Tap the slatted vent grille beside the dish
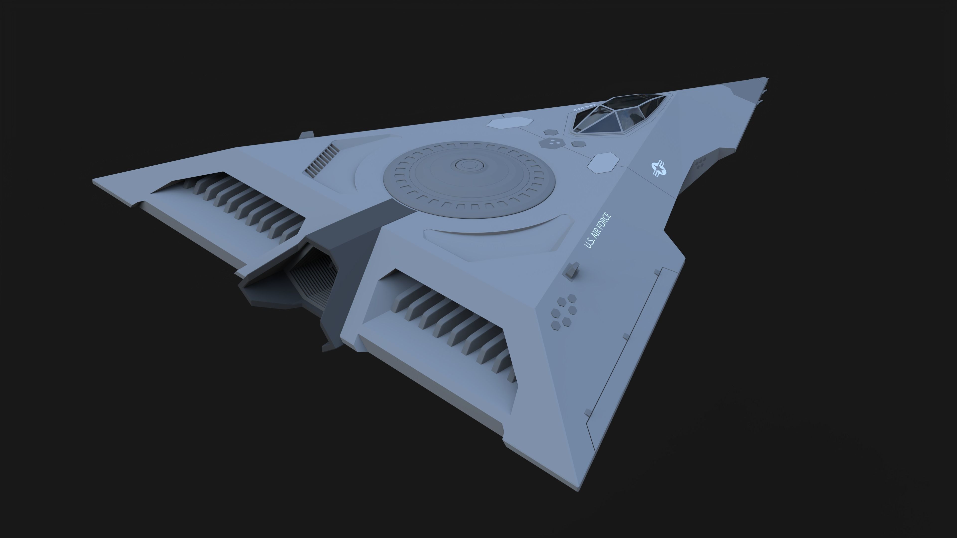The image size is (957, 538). point(322,160)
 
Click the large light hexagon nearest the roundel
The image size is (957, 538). point(603,163)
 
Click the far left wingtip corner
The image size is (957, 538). point(94,181)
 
